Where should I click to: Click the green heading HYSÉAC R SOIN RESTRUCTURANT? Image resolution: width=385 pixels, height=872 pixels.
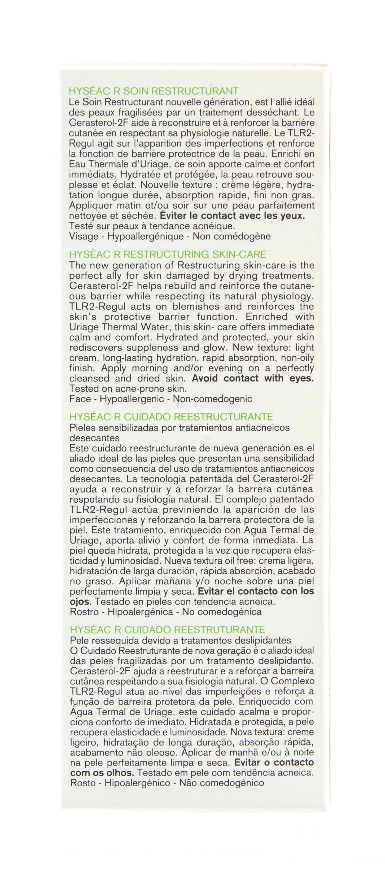point(154,91)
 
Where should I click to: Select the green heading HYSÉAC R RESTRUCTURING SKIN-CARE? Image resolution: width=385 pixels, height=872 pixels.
point(168,254)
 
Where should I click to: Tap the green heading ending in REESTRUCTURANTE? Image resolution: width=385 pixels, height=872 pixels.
point(171,417)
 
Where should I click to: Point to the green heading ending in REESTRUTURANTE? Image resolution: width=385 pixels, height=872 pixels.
point(168,630)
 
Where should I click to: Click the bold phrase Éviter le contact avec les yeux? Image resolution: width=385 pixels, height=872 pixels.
point(232,216)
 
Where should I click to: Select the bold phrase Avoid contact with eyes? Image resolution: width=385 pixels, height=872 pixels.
point(253,378)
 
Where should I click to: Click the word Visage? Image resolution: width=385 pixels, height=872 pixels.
point(84,236)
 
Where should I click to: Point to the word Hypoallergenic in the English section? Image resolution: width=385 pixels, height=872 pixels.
point(132,399)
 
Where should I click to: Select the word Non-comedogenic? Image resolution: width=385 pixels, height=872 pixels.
point(212,399)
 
